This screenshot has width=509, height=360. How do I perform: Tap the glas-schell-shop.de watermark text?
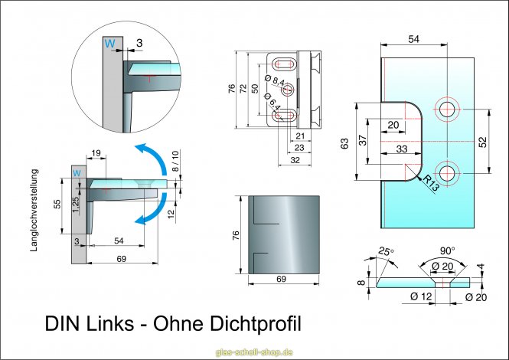tap(255, 352)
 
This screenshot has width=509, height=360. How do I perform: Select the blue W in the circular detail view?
tap(111, 44)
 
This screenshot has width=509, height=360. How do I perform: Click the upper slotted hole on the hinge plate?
tap(282, 63)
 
